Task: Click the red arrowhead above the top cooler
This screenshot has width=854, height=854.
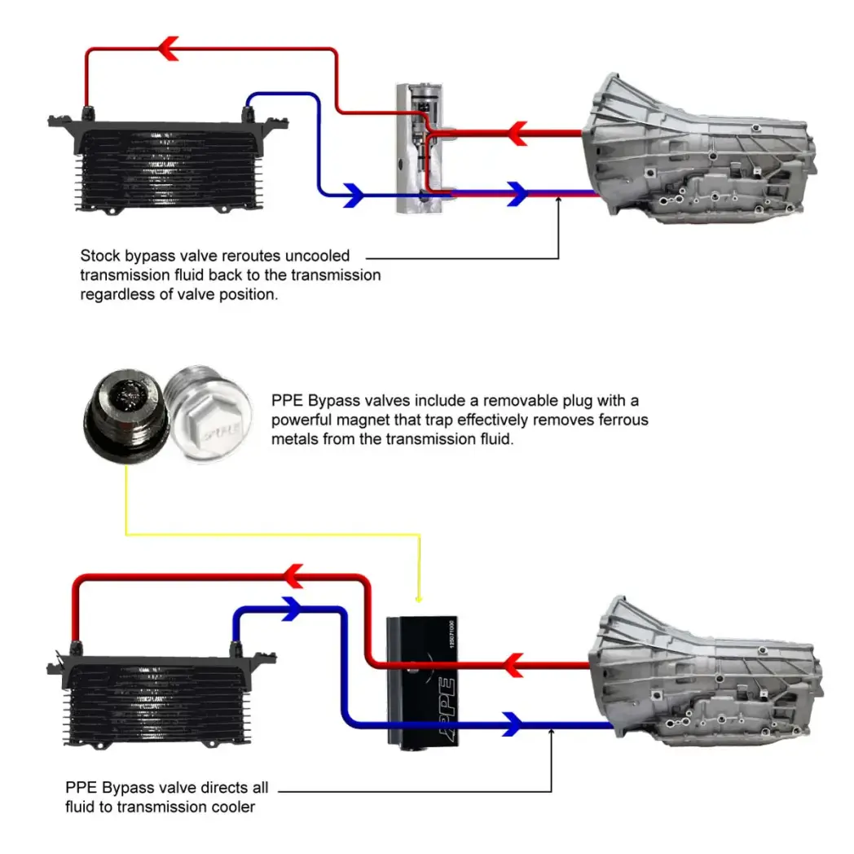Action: click(169, 50)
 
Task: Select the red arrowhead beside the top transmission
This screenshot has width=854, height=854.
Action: click(517, 131)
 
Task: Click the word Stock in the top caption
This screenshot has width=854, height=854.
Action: click(99, 255)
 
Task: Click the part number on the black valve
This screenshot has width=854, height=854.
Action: click(449, 636)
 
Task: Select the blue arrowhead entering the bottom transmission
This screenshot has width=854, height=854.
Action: click(512, 722)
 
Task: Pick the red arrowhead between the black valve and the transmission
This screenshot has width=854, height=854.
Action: click(512, 665)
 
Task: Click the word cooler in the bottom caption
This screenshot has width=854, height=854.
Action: click(235, 807)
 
